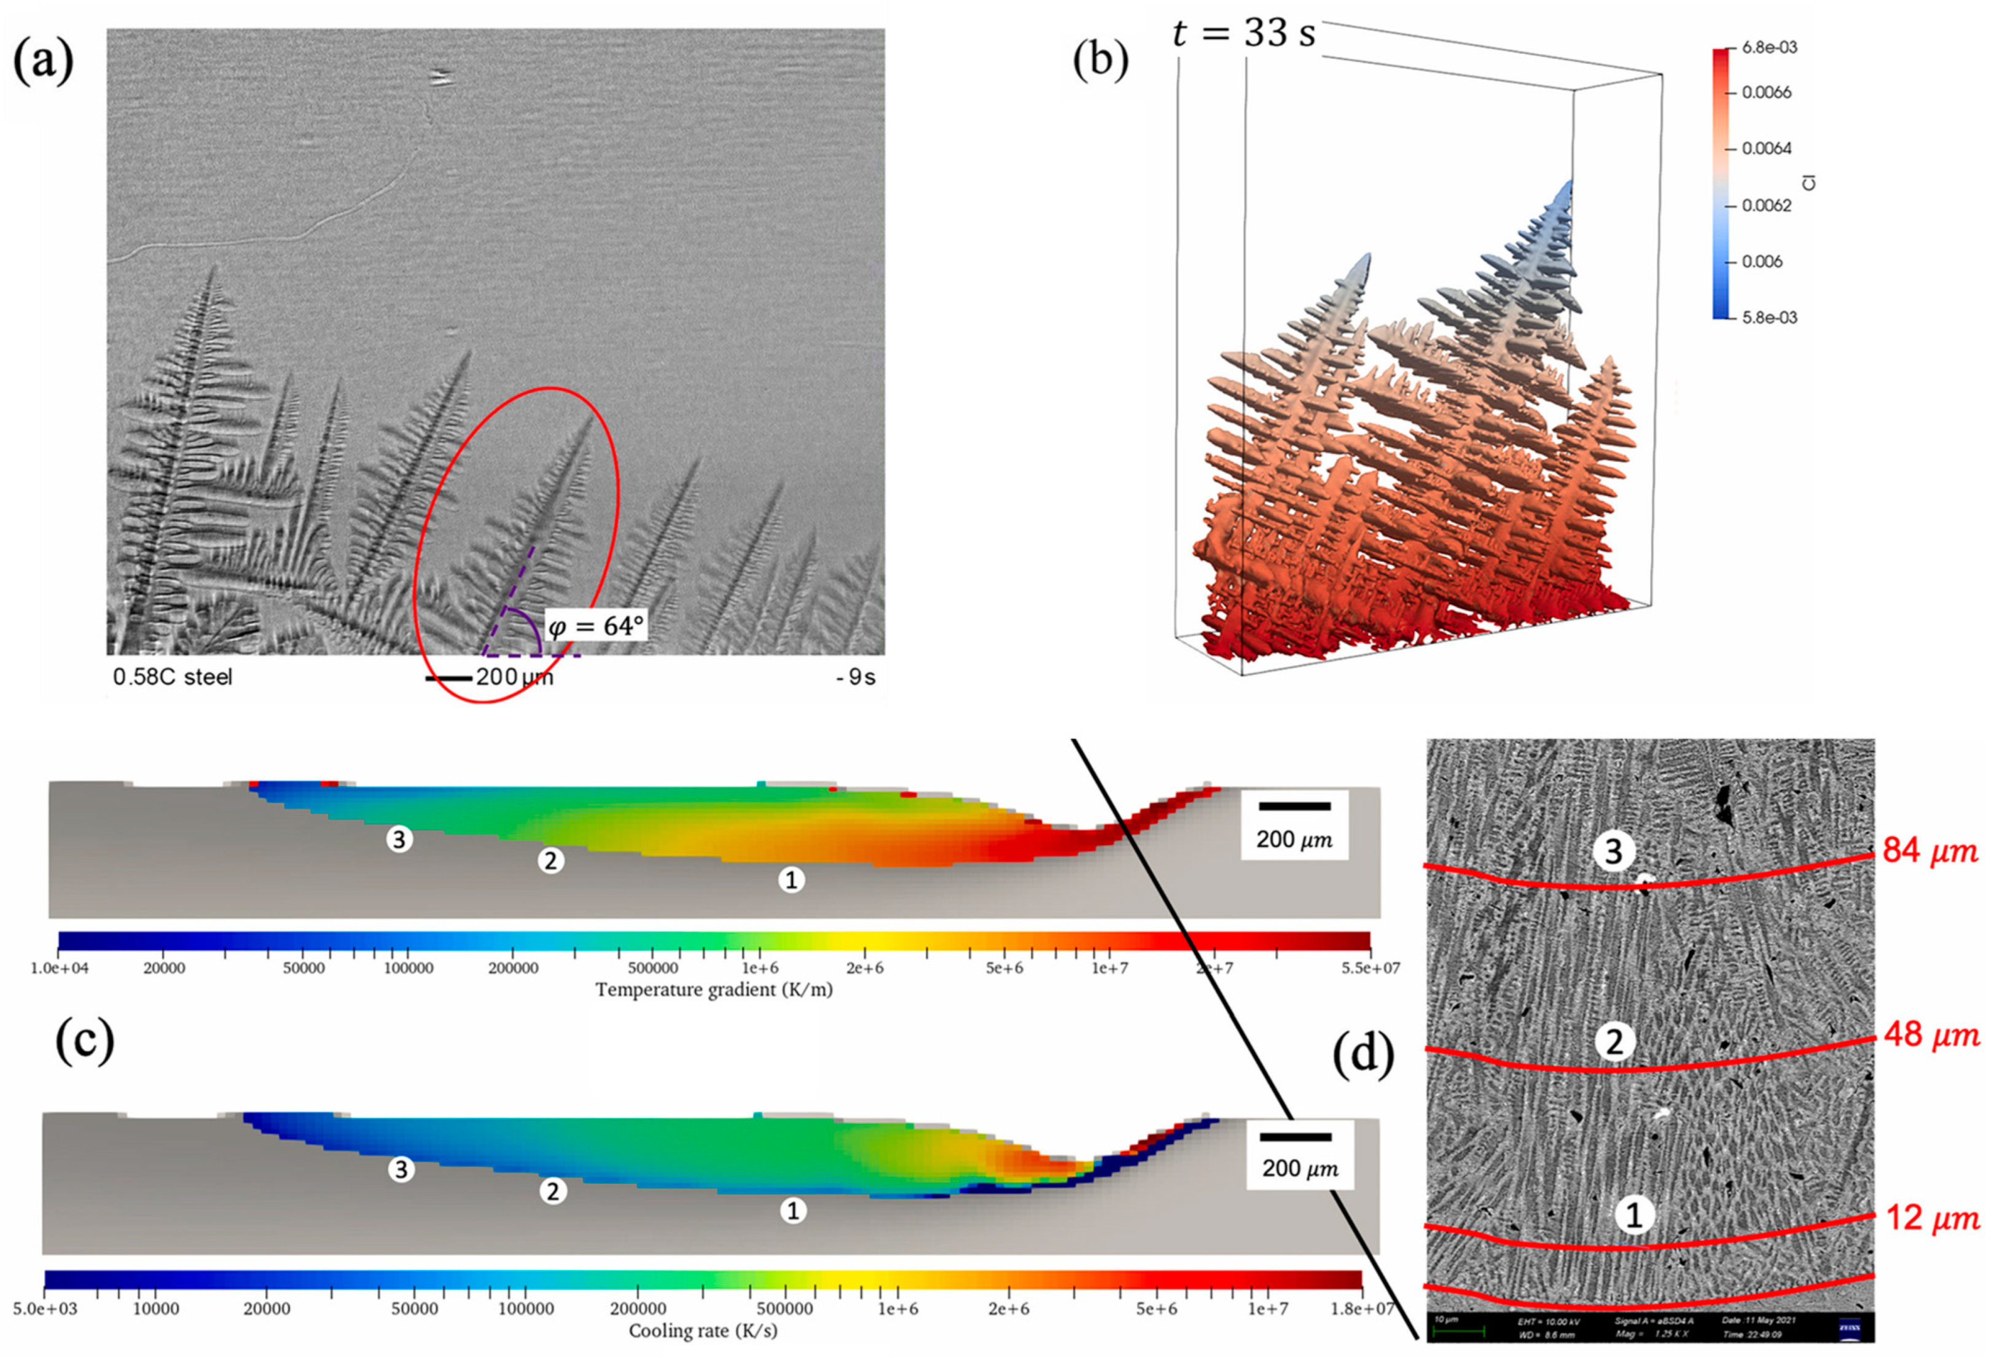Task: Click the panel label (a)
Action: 43,63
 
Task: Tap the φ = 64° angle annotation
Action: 595,626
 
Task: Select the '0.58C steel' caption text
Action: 173,677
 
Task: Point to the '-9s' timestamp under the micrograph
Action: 856,677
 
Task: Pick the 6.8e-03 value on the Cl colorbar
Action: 1770,48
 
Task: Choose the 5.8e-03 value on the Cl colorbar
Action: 1770,318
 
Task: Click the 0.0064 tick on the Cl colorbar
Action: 1767,149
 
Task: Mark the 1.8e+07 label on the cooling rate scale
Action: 1361,1308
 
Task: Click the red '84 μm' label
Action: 1931,851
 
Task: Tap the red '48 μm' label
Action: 1931,1036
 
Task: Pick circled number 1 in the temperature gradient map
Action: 791,880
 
